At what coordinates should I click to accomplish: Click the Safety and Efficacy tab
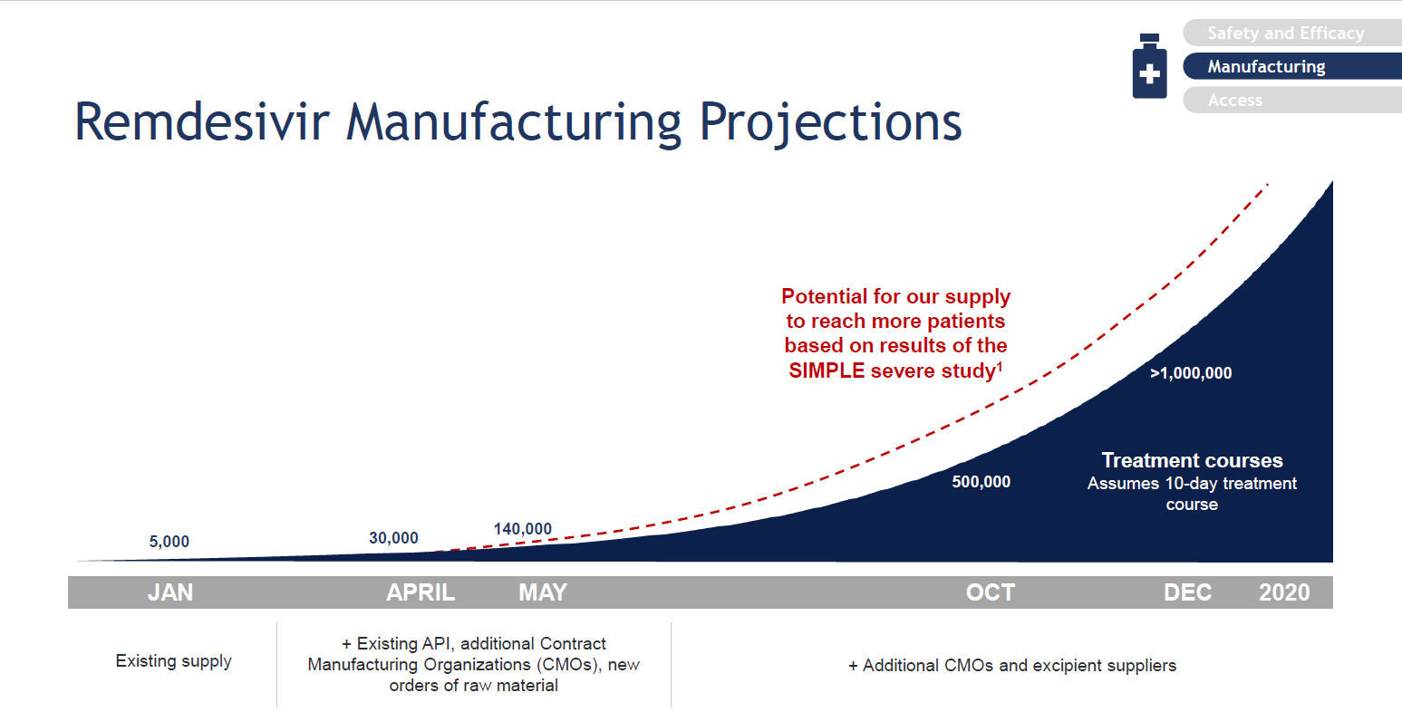1291,33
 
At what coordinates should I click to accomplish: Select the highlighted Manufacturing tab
1291,66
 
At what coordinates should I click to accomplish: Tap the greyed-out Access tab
1291,101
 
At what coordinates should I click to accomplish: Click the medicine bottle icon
1150,66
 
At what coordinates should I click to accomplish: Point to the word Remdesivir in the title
201,122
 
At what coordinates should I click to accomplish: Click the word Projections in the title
830,124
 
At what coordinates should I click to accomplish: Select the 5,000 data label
169,541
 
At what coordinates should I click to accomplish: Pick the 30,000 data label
393,538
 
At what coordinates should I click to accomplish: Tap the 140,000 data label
523,529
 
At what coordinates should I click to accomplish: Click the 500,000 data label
981,482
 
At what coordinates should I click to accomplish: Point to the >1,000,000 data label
1191,373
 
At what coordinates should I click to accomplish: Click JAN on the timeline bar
170,592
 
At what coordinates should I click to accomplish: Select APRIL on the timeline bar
421,592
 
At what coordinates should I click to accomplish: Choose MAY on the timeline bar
543,592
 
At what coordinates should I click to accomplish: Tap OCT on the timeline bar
991,592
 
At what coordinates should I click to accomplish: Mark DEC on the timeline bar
1187,592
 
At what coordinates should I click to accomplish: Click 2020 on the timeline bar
1284,592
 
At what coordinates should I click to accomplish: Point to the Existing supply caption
173,661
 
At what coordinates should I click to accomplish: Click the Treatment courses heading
1192,460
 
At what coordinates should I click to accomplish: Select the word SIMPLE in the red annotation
827,371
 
